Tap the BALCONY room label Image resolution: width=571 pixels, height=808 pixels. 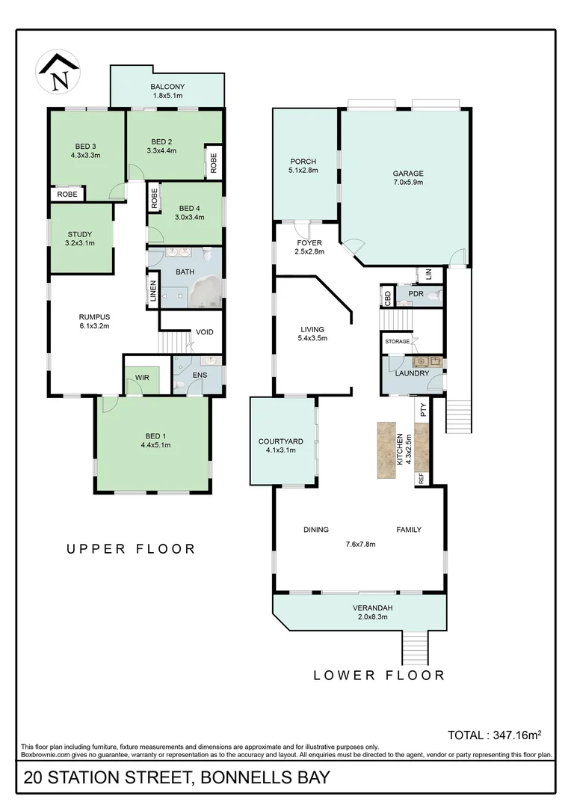(167, 87)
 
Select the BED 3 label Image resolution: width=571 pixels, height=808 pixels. (85, 146)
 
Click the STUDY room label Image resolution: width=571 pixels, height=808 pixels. (80, 234)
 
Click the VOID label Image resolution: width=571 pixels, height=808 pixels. (204, 332)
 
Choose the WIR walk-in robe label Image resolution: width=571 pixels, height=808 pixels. (142, 378)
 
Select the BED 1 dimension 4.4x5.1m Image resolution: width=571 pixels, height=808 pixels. (155, 445)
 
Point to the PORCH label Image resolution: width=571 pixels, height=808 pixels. (303, 162)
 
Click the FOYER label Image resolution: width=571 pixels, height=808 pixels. (309, 243)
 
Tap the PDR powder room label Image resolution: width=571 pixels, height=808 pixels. (416, 294)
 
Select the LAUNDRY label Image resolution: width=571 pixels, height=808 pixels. (412, 373)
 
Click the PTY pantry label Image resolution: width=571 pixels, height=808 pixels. (423, 409)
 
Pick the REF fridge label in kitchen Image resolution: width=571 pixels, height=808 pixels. (422, 477)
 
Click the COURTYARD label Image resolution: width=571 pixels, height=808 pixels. (282, 441)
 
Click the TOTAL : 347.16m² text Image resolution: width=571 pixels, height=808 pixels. (494, 735)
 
